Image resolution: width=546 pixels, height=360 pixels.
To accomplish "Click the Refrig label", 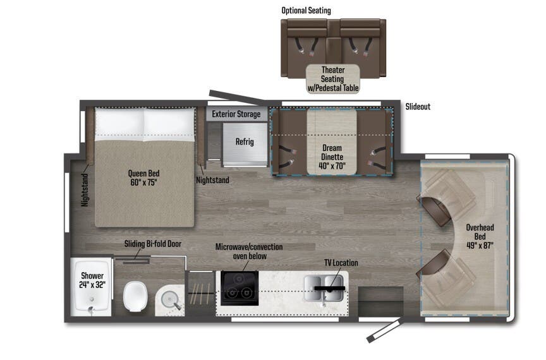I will click(x=244, y=141).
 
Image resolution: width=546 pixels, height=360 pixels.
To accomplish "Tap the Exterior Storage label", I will click(x=236, y=114).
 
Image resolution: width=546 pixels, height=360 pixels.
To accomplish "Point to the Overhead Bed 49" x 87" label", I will click(x=480, y=236).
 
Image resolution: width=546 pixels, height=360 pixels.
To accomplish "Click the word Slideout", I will click(x=418, y=107).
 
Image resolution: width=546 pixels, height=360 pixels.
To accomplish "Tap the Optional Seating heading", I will click(x=306, y=11).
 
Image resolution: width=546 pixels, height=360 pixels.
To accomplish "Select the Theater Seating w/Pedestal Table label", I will click(x=332, y=80).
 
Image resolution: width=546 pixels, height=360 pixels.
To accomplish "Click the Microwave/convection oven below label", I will click(x=249, y=251).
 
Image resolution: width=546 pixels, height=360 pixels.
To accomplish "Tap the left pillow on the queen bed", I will click(x=119, y=123).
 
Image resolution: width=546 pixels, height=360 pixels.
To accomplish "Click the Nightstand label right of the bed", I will click(x=212, y=180).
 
